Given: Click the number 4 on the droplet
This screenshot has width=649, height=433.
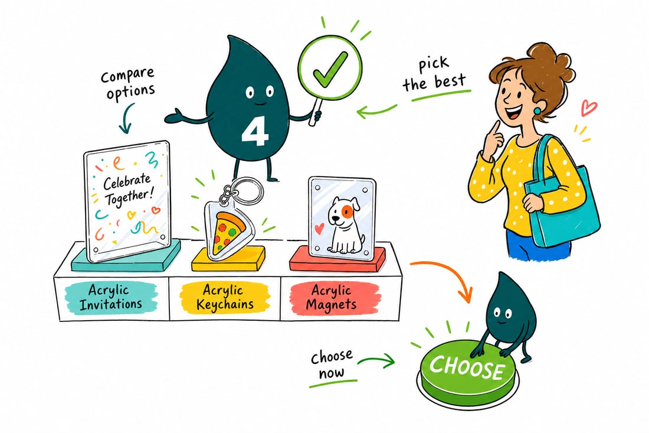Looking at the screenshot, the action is [255, 132].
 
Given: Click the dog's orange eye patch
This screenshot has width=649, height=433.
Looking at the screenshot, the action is [346, 211].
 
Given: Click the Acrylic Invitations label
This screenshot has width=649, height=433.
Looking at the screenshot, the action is [111, 298].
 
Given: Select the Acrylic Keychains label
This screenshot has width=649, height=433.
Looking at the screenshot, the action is [225, 297].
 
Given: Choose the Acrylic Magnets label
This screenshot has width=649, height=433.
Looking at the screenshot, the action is [333, 298].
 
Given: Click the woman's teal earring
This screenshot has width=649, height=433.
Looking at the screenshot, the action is [537, 110].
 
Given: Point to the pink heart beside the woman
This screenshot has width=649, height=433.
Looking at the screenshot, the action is [588, 108].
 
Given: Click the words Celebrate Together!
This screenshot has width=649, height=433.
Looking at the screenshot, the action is [126, 190].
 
